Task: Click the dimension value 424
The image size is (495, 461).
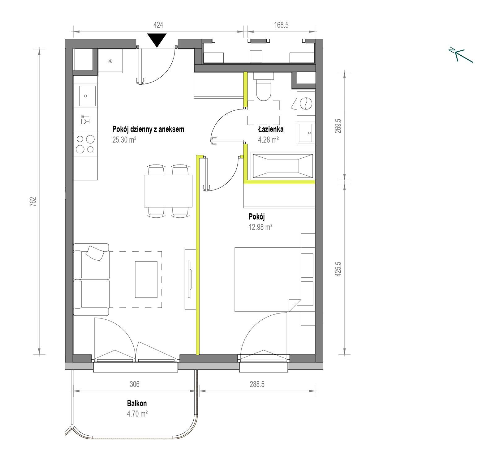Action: [158, 25]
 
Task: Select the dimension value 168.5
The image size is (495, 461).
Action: [281, 25]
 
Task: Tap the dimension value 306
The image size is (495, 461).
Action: [135, 384]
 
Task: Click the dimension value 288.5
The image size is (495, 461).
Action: [257, 384]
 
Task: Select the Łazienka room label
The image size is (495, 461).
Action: [271, 129]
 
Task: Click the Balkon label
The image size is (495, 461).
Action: [137, 403]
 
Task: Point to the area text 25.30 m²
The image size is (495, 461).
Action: [124, 139]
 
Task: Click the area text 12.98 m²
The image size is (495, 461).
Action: [260, 227]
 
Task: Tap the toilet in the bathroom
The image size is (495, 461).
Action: [263, 86]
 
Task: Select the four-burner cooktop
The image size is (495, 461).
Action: [85, 144]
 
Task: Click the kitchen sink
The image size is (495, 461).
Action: [86, 96]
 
